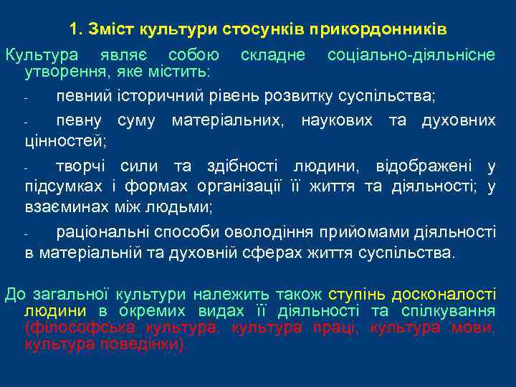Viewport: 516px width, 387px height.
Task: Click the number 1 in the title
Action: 74,29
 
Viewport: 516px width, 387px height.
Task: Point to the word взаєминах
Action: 61,208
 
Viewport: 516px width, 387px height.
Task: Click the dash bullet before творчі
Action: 26,168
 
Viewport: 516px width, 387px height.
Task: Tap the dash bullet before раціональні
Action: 26,233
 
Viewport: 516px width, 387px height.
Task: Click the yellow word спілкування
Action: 449,311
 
